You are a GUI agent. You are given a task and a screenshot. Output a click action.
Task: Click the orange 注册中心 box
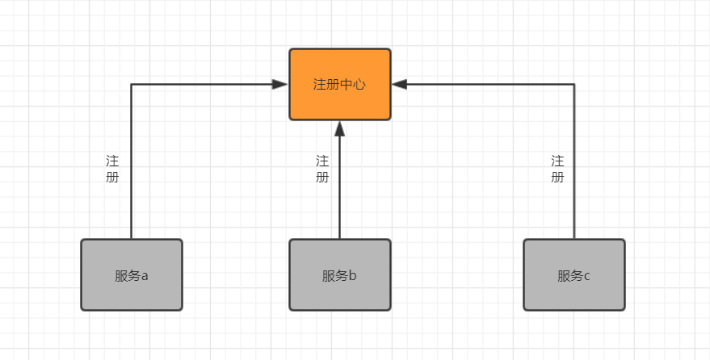tap(340, 84)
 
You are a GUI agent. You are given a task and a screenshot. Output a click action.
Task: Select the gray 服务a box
tap(132, 274)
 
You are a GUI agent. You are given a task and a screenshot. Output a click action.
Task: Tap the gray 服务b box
tap(340, 274)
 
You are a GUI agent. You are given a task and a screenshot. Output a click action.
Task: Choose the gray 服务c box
tap(574, 274)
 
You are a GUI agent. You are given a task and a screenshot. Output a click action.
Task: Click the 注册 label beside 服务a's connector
tap(112, 169)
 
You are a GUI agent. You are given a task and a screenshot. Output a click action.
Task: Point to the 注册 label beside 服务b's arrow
tap(322, 169)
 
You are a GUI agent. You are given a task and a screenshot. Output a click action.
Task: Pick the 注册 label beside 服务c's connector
tap(557, 169)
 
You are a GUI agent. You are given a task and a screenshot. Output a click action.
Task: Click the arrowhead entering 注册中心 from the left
tap(281, 84)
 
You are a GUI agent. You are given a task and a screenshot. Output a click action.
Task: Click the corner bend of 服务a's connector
tap(132, 84)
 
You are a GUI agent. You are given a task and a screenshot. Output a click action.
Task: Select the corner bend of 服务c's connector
tap(574, 84)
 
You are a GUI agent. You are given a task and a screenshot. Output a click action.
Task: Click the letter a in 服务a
tap(145, 276)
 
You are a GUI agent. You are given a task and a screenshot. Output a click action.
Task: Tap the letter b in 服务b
tap(353, 275)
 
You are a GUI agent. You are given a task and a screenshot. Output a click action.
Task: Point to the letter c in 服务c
tap(587, 276)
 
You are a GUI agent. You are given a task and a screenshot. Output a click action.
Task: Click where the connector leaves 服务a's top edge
tap(132, 239)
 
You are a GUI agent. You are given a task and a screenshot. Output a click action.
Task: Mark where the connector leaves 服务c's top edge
tap(574, 239)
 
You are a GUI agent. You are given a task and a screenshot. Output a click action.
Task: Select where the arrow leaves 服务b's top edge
tap(340, 239)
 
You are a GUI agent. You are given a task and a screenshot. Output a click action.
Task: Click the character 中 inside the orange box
tap(346, 84)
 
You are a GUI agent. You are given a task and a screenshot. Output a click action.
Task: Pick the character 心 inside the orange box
tap(359, 84)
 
